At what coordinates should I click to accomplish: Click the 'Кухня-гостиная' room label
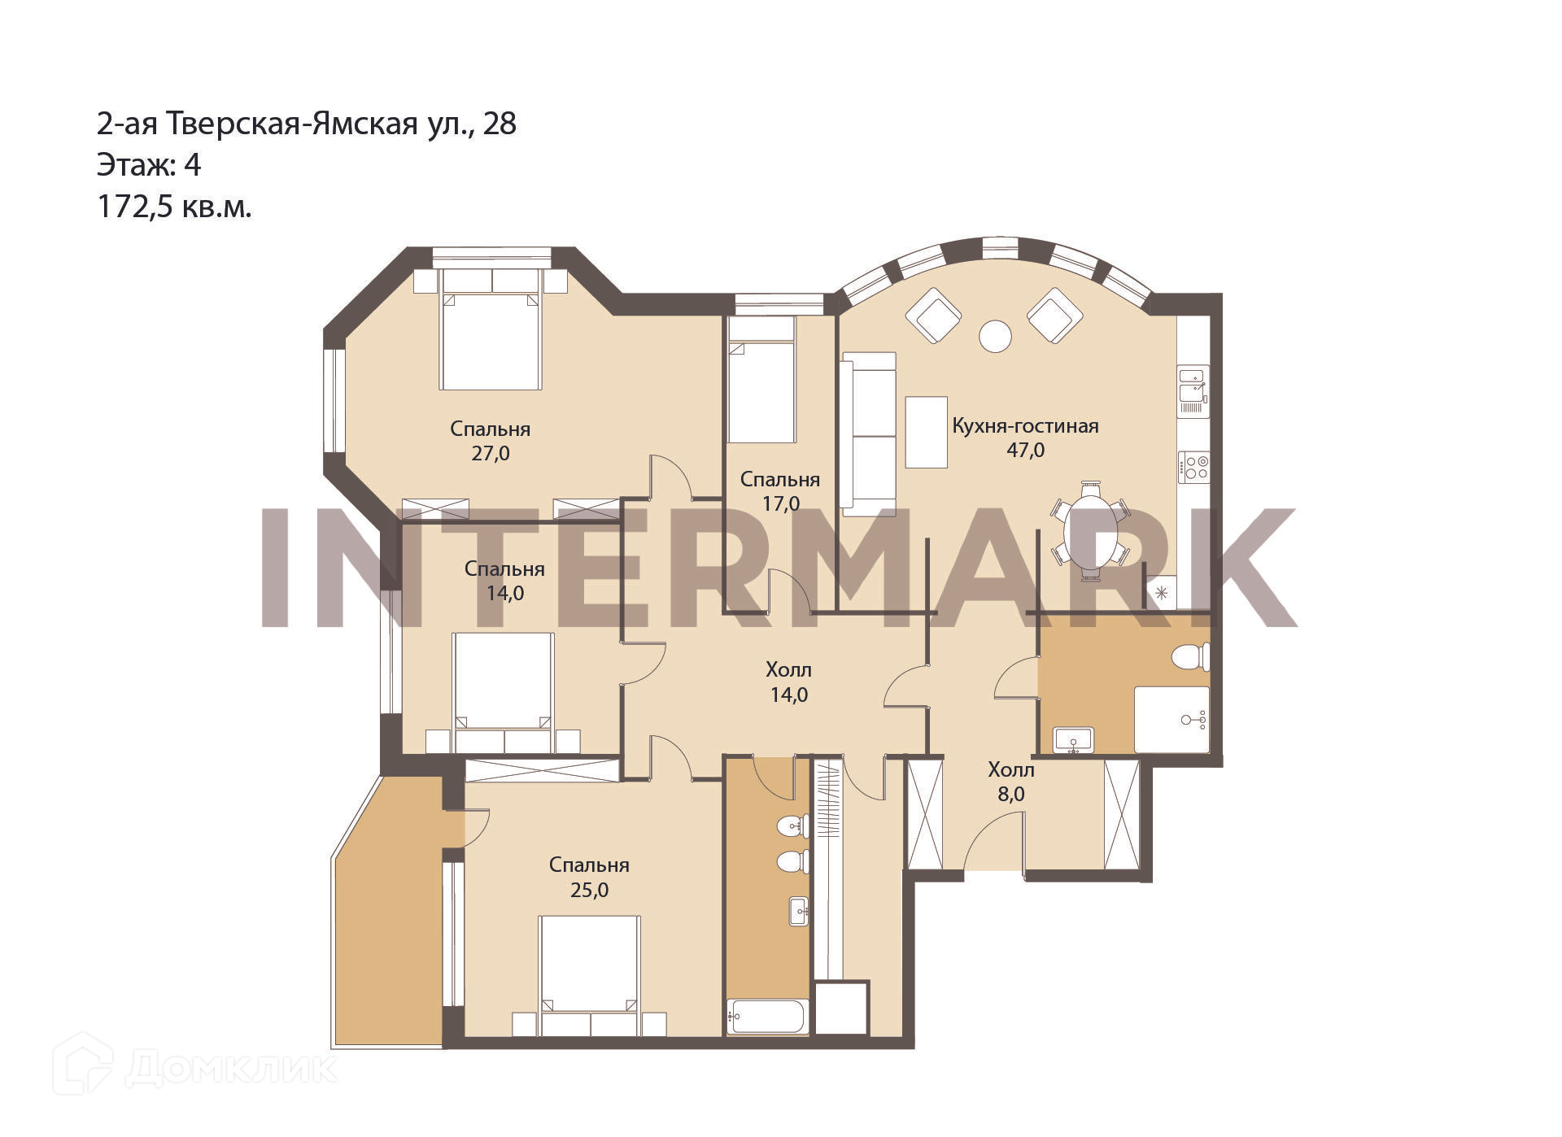(1025, 426)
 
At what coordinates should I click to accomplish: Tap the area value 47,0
(1026, 450)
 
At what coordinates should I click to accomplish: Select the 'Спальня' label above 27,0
(490, 429)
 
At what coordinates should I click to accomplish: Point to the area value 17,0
(780, 504)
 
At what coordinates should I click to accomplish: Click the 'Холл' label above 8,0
(1011, 769)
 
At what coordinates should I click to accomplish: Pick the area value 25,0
(589, 891)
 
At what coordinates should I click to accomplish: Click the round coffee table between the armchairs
(995, 336)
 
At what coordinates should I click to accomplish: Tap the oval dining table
(1090, 532)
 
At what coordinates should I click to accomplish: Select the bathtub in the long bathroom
(767, 1016)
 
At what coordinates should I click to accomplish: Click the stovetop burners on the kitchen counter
(1194, 468)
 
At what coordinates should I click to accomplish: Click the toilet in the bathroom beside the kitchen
(1191, 657)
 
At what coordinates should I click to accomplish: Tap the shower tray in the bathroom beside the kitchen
(1172, 720)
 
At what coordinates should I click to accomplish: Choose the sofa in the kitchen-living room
(869, 433)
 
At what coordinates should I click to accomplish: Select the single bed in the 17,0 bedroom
(761, 380)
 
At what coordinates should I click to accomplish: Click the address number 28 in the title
(500, 124)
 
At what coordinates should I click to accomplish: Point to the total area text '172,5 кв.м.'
(175, 207)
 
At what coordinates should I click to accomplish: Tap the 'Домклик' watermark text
(231, 1069)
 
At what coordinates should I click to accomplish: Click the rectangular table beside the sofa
(927, 432)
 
